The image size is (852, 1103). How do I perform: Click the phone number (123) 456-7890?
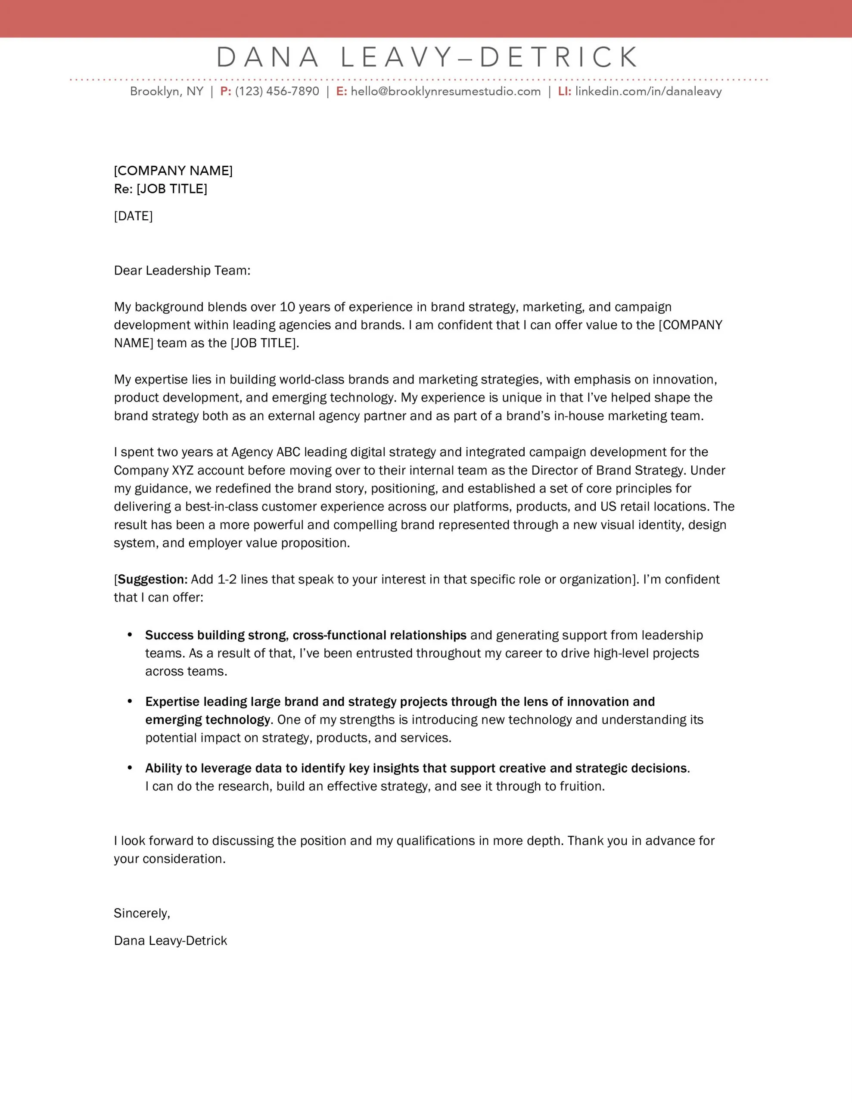(277, 91)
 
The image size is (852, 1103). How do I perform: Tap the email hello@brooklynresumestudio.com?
(445, 91)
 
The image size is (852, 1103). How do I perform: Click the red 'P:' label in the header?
(225, 91)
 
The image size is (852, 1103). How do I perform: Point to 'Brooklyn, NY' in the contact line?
(166, 91)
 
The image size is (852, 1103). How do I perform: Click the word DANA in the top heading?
(267, 57)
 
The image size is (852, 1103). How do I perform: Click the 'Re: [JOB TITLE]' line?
(160, 189)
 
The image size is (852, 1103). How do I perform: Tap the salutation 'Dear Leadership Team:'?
(182, 271)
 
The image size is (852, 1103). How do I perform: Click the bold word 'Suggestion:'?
(152, 579)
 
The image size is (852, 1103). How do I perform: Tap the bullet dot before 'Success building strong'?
(130, 634)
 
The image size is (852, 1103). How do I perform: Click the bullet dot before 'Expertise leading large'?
(130, 701)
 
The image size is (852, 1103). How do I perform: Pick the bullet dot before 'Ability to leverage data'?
(130, 768)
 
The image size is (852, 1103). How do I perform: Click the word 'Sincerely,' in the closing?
(142, 913)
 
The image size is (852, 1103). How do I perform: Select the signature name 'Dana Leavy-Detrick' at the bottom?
(170, 941)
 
